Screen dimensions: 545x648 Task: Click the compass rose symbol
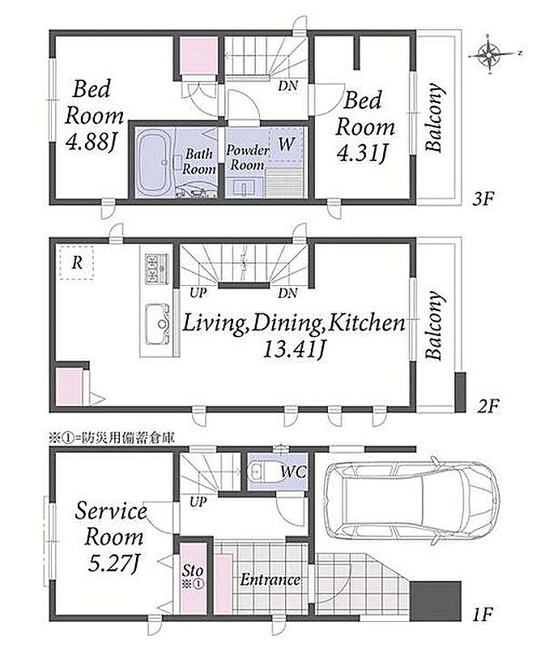pos(489,53)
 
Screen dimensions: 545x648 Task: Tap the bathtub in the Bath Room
pos(154,162)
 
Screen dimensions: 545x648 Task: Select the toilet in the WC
pos(258,471)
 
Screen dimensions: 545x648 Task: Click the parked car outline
pos(412,501)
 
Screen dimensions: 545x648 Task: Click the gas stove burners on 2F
pos(156,268)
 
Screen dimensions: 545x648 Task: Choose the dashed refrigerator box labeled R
pos(76,262)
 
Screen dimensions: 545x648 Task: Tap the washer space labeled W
pos(286,144)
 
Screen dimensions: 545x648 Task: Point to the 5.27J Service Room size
pos(113,562)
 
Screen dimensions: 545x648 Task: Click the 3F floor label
pos(483,199)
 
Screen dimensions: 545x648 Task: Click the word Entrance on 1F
pos(270,579)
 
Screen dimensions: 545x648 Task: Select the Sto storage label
pos(193,571)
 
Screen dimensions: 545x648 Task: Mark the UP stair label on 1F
pos(198,502)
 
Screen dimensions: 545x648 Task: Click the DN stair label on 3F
pos(287,86)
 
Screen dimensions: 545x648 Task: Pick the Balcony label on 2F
pos(435,326)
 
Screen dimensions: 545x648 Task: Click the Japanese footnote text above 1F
pos(112,438)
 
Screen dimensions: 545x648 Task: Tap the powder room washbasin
pos(246,187)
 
